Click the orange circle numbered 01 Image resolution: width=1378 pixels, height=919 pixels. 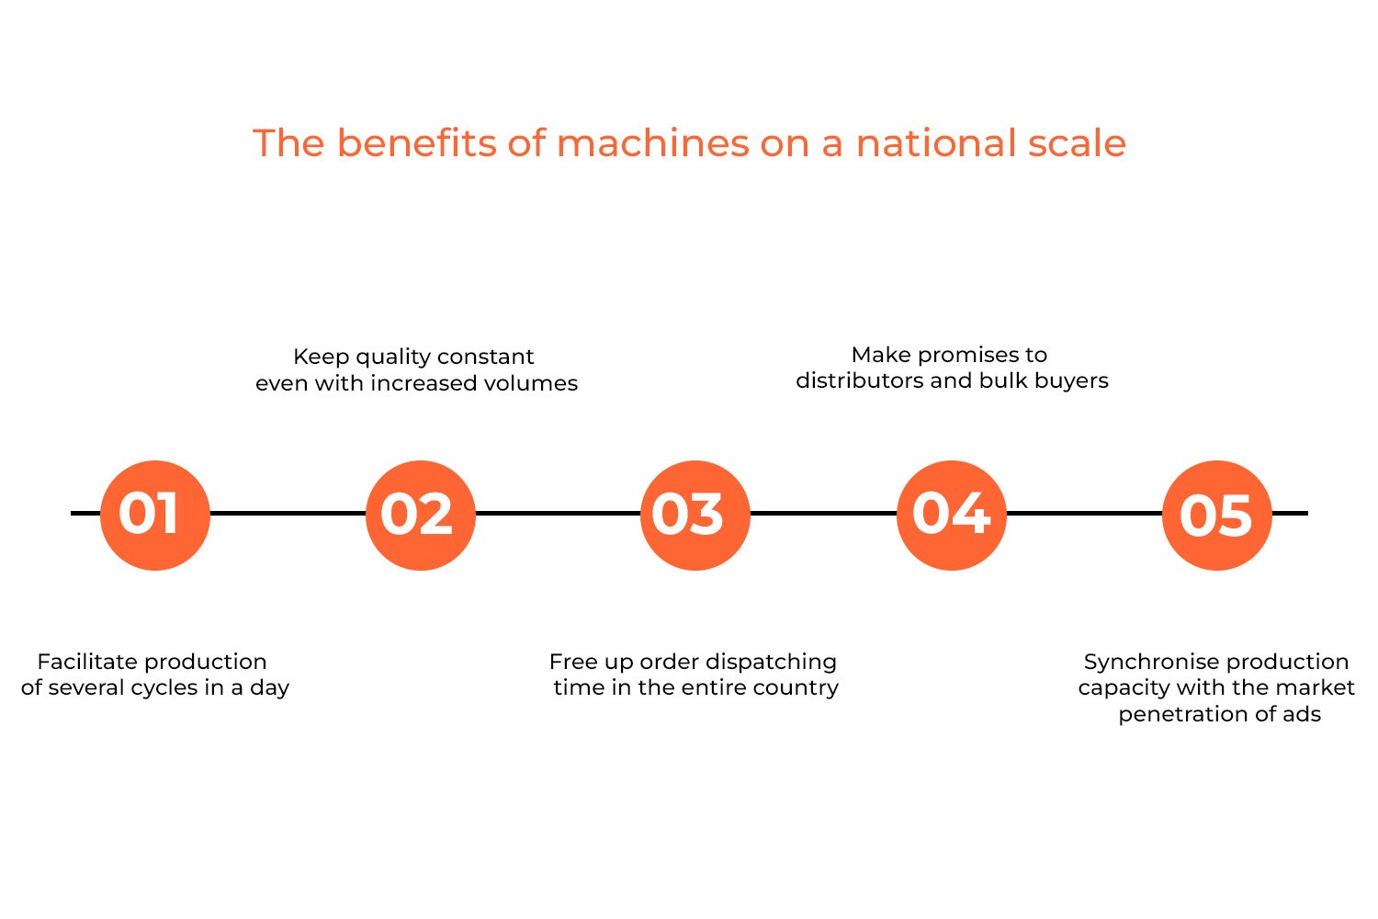click(x=154, y=515)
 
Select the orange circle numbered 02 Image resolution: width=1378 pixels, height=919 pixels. click(x=420, y=515)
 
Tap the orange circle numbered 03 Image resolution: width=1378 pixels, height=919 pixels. click(x=695, y=515)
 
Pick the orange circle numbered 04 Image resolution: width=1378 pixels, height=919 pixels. click(x=951, y=515)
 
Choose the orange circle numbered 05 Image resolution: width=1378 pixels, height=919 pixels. click(x=1216, y=515)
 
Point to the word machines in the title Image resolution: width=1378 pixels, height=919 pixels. click(x=652, y=143)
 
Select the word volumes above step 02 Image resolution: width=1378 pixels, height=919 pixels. click(x=532, y=383)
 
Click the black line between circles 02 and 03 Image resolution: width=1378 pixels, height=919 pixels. click(x=558, y=513)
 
